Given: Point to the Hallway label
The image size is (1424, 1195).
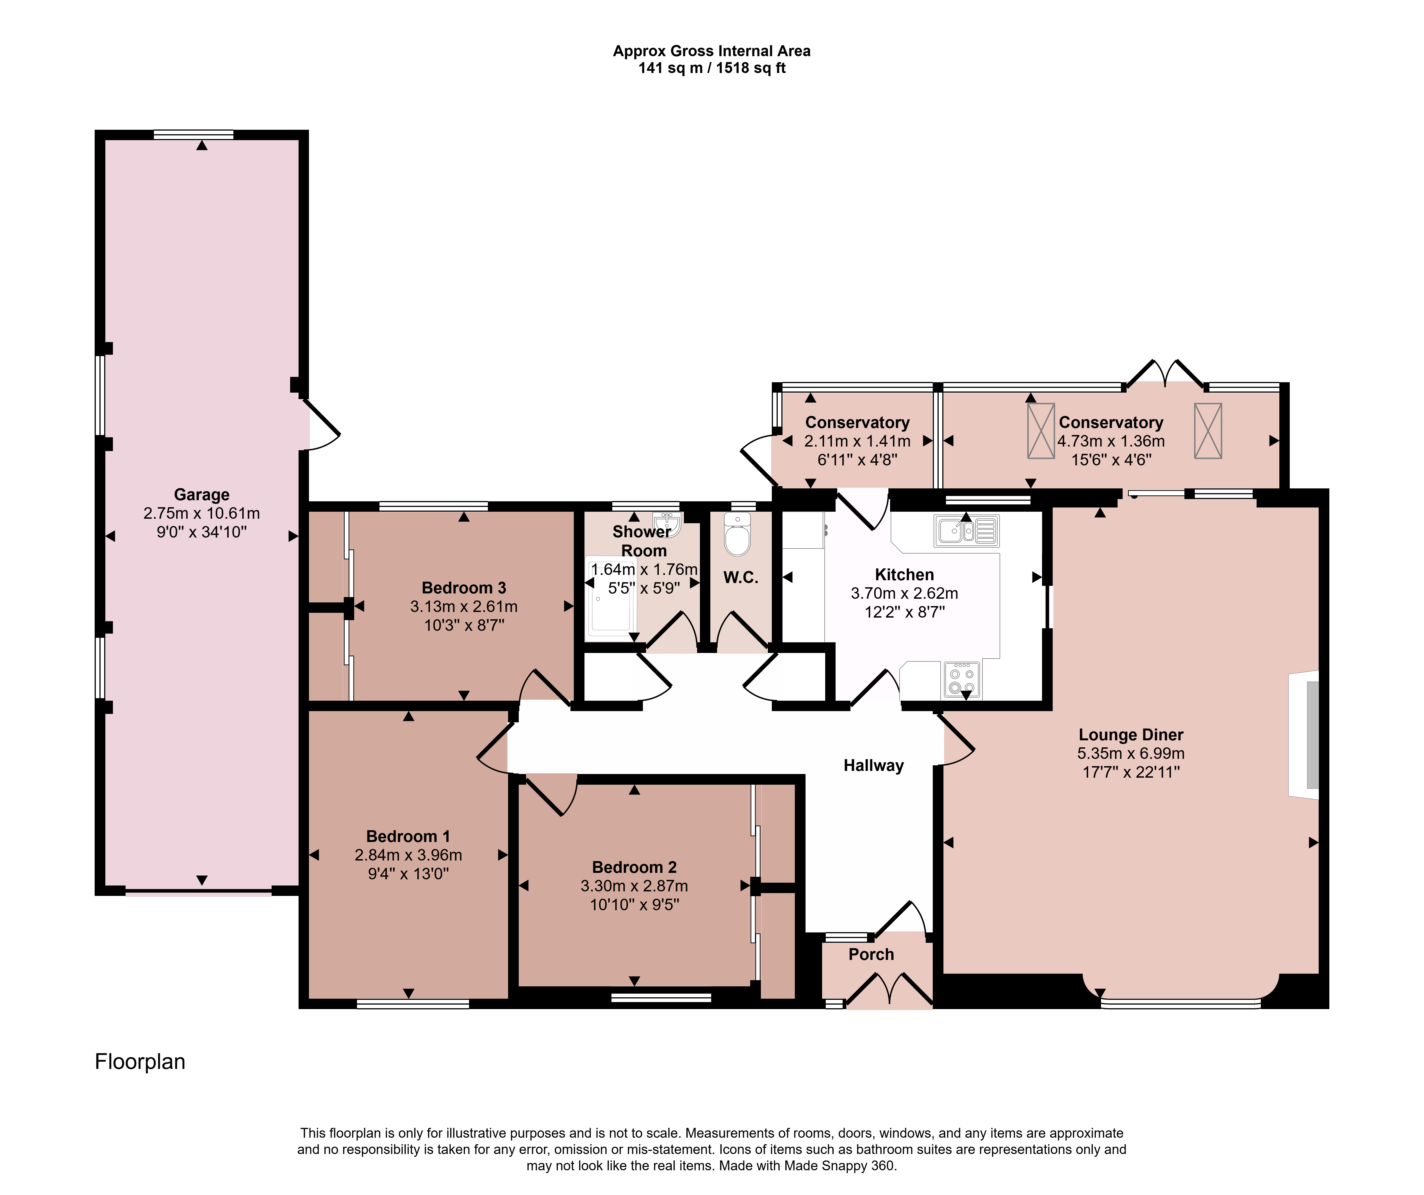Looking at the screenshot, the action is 873,766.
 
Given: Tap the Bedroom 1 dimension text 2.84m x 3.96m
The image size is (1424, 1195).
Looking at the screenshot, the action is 408,855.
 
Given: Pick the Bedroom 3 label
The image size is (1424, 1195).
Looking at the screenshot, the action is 464,588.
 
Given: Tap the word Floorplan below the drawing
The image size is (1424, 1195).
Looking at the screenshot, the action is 140,1061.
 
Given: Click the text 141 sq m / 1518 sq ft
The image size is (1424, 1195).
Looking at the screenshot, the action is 712,68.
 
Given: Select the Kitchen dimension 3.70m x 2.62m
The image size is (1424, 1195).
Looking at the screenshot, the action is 905,593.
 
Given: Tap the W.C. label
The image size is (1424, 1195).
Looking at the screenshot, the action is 740,578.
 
